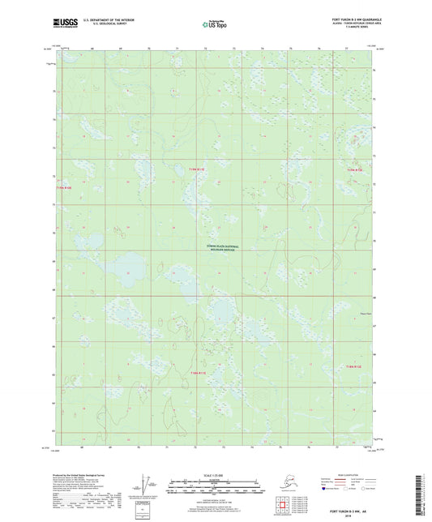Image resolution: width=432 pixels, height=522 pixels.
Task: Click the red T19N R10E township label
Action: click(63, 188)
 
